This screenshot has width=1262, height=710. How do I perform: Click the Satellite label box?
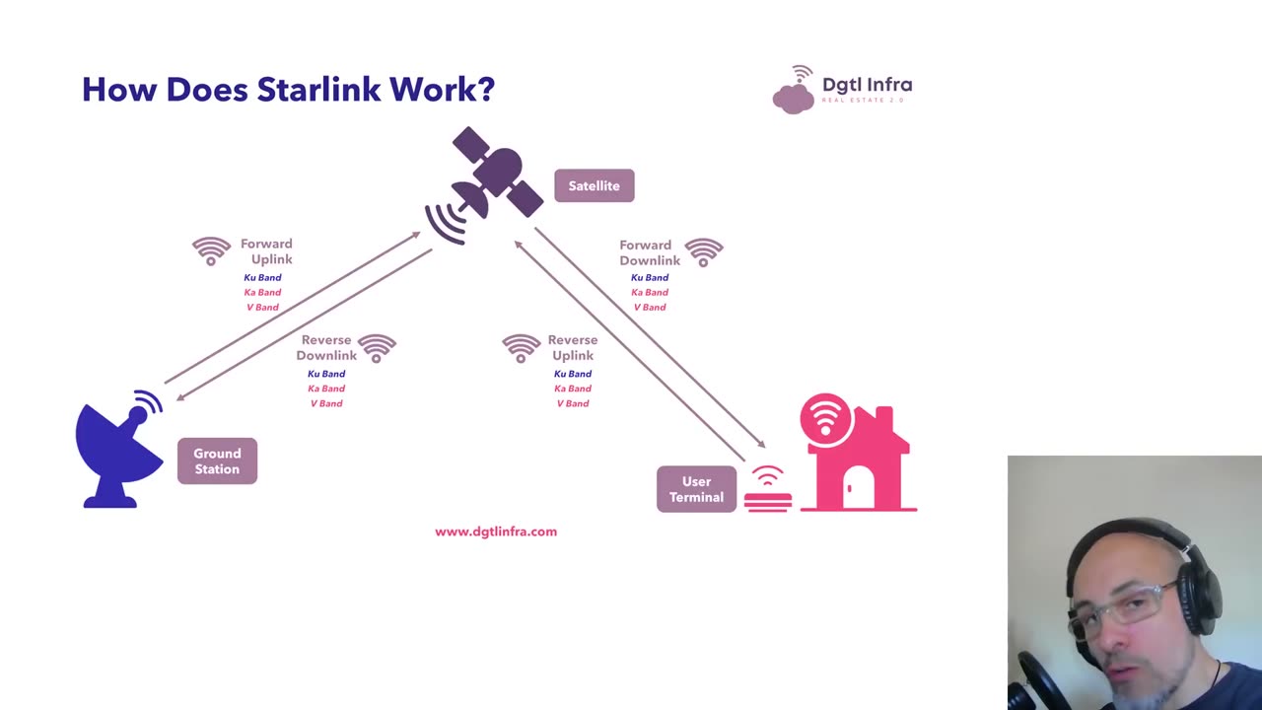pyautogui.click(x=594, y=185)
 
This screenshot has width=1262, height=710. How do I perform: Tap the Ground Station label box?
pyautogui.click(x=217, y=461)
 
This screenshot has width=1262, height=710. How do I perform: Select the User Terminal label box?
pyautogui.click(x=696, y=489)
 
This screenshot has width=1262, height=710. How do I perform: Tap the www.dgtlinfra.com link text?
pyautogui.click(x=496, y=532)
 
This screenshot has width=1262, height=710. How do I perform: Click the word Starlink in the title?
pyautogui.click(x=318, y=90)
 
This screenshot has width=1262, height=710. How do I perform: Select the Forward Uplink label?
pyautogui.click(x=267, y=251)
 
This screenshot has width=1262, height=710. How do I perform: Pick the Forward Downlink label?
pyautogui.click(x=650, y=252)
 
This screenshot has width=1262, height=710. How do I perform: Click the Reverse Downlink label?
pyautogui.click(x=326, y=348)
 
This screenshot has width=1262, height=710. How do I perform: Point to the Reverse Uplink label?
pyautogui.click(x=573, y=348)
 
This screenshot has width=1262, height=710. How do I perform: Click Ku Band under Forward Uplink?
pyautogui.click(x=262, y=278)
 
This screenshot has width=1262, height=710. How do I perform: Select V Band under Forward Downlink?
pyautogui.click(x=650, y=308)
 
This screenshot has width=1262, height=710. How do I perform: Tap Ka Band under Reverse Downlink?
pyautogui.click(x=326, y=389)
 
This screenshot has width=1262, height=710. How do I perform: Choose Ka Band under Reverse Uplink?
pyautogui.click(x=573, y=389)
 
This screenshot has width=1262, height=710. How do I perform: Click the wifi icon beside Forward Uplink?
pyautogui.click(x=211, y=250)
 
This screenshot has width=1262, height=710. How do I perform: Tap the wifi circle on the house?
pyautogui.click(x=826, y=418)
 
